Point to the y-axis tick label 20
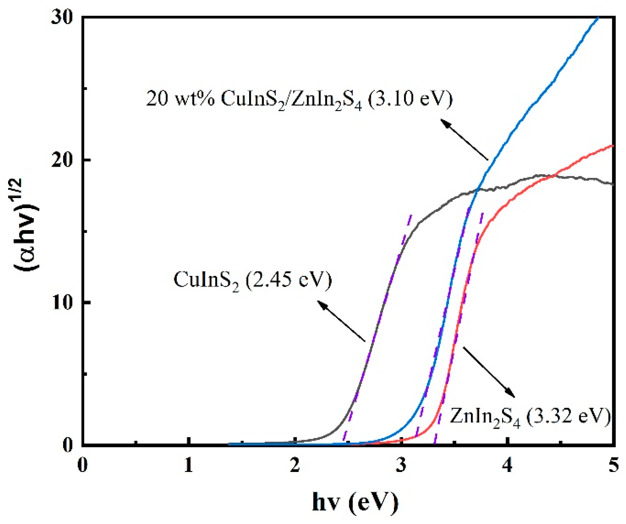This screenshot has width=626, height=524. (63, 160)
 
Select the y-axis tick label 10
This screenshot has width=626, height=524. (63, 303)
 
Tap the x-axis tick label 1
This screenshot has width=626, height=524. (189, 465)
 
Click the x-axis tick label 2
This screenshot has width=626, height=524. (295, 465)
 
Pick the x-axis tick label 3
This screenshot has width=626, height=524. (401, 465)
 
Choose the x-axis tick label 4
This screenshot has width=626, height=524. (508, 465)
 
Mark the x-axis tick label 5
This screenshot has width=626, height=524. (614, 465)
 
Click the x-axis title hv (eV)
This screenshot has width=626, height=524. (355, 502)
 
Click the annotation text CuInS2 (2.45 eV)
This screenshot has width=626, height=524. (252, 280)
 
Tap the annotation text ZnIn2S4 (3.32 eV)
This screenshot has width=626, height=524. (530, 417)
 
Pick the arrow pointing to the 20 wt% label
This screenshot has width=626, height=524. (464, 139)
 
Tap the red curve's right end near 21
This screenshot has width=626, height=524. (613, 146)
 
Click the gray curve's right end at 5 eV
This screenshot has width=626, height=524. (613, 184)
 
